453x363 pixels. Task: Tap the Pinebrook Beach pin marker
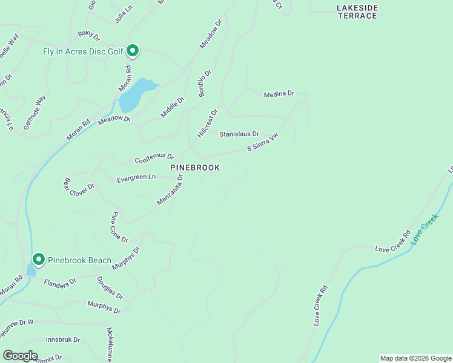[39, 260]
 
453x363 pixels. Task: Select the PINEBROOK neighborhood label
[194, 167]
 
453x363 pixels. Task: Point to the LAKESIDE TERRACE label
[357, 11]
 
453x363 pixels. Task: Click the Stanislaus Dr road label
[239, 134]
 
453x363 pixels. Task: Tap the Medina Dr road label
[279, 94]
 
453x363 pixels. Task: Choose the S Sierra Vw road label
[262, 143]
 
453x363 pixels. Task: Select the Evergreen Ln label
[136, 178]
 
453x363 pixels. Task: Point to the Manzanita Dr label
[170, 190]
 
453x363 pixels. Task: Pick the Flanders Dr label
[60, 281]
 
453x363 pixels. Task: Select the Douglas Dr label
[110, 288]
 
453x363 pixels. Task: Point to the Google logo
[20, 356]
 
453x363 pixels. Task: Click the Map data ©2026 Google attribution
[415, 358]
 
